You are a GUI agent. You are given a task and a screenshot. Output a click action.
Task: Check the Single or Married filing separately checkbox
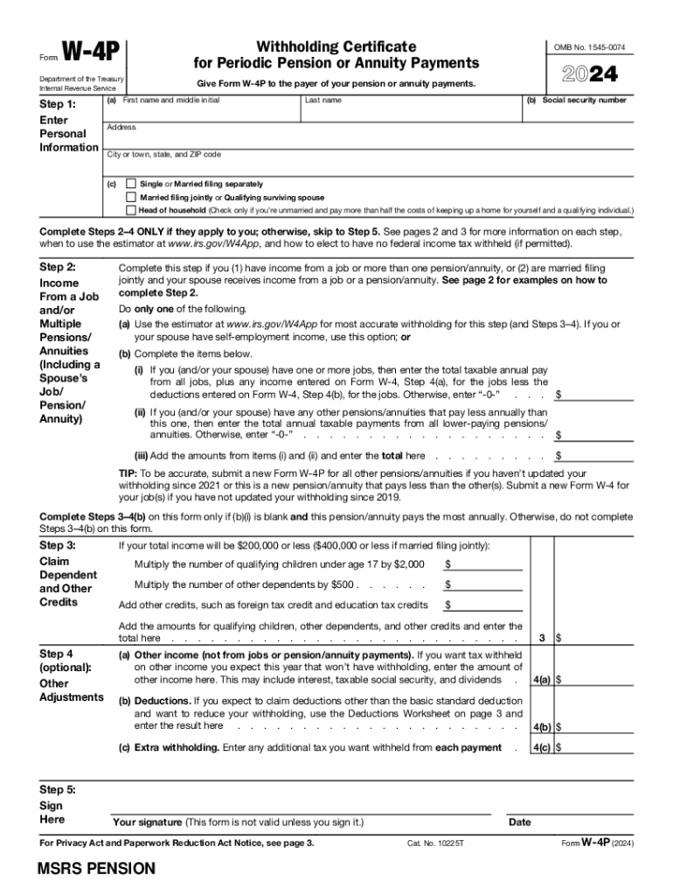131,185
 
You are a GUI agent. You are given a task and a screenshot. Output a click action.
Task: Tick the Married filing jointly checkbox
131,198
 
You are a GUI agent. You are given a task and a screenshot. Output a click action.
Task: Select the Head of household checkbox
131,211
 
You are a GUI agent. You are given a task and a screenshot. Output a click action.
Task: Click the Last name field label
323,101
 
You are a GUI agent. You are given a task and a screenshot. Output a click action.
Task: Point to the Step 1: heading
58,104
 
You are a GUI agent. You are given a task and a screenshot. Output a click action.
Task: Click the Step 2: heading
58,266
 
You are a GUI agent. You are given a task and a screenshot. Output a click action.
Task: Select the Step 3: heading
58,545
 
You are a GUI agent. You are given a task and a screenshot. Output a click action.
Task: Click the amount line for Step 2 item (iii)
598,455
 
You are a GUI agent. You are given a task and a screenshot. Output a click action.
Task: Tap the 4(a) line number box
541,679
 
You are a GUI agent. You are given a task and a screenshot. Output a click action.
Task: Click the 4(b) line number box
541,726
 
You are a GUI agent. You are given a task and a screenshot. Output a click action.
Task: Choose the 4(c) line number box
541,747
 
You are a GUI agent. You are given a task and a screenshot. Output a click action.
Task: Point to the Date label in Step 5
519,822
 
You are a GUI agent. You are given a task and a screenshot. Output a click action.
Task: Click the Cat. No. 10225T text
434,843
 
